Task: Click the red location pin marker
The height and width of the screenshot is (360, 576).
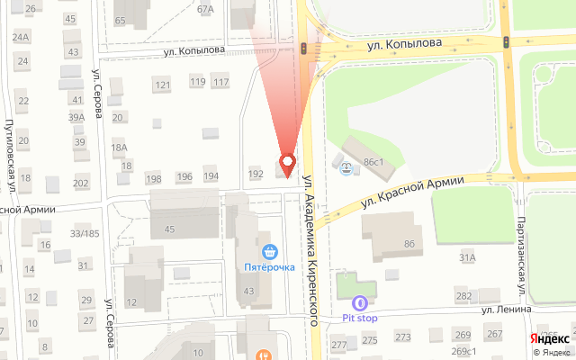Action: pos(288,164)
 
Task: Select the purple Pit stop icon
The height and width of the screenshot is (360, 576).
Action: pos(360,304)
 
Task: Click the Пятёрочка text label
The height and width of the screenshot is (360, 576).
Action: pos(270,267)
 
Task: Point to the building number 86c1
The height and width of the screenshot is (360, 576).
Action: pos(373,162)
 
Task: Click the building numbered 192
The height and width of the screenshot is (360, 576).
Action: pos(256,173)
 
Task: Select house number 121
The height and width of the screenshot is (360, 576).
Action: pos(162,85)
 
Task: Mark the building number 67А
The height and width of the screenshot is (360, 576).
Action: pos(205,10)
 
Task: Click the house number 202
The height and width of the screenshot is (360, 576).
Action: pos(81,184)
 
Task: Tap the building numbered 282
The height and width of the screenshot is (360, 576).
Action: pos(463,296)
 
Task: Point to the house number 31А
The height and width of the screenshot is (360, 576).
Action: pos(467,257)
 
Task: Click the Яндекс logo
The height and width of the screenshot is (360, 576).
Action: pos(544,338)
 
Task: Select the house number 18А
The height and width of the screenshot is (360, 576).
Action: pos(119,148)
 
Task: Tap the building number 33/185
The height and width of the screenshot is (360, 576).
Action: pos(85,234)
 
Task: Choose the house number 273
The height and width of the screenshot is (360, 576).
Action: pos(402,337)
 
